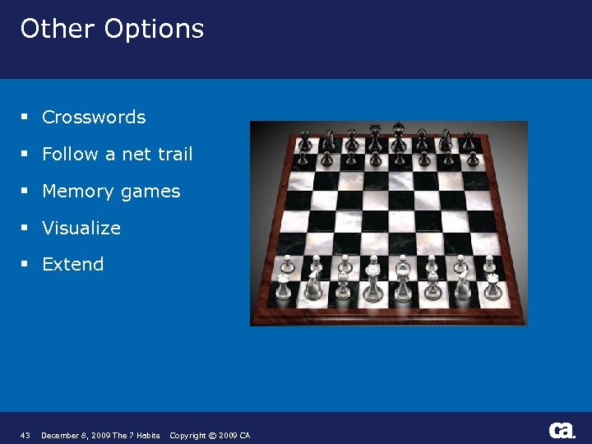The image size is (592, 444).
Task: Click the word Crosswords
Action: pos(94,118)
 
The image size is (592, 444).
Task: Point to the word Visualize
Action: pos(81,228)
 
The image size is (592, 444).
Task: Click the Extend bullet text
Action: pos(73,265)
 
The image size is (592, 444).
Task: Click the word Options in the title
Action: pos(154,29)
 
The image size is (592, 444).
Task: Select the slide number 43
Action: pos(25,436)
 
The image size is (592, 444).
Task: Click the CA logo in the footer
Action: pos(562,431)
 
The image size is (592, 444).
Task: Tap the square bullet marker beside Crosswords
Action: pos(26,118)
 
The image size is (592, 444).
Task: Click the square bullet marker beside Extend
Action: pos(26,265)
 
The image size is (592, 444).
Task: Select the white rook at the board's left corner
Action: pos(282,288)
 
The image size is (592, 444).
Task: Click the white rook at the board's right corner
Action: pos(493,288)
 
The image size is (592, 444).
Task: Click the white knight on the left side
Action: pos(312,285)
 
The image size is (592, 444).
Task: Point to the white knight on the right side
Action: pos(463,285)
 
